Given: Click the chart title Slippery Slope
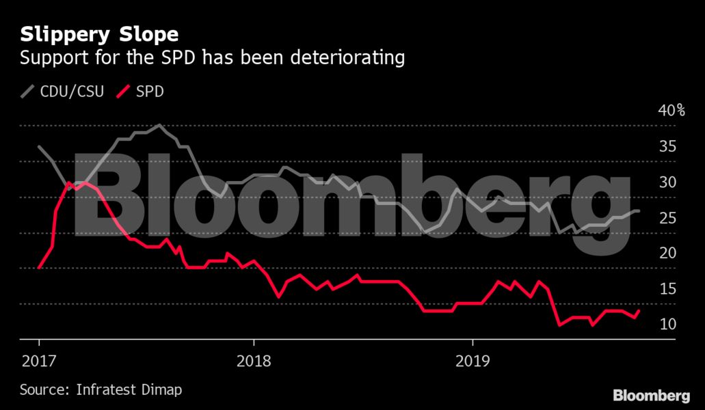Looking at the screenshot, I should (x=99, y=34).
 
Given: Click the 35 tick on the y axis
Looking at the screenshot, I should (x=667, y=146).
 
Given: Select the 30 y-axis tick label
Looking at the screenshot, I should (x=667, y=182).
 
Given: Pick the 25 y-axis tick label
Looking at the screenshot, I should (x=667, y=217).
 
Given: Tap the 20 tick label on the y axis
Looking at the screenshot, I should (x=667, y=253).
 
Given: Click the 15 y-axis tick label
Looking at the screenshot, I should (x=667, y=288).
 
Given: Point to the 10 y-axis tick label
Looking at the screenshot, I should (x=667, y=324).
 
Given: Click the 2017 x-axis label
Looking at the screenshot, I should (x=39, y=360).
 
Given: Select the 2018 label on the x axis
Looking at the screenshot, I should (x=254, y=360).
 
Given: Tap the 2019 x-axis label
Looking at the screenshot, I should (x=473, y=360).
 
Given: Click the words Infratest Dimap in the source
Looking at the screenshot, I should (x=129, y=389).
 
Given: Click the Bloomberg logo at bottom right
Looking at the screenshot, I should (x=651, y=395).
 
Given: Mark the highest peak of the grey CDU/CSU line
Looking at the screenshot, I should (x=159, y=125).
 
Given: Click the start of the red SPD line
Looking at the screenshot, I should (x=39, y=268).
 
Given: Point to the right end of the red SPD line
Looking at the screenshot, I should (x=639, y=311).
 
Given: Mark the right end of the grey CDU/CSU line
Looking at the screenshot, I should (x=639, y=211).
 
